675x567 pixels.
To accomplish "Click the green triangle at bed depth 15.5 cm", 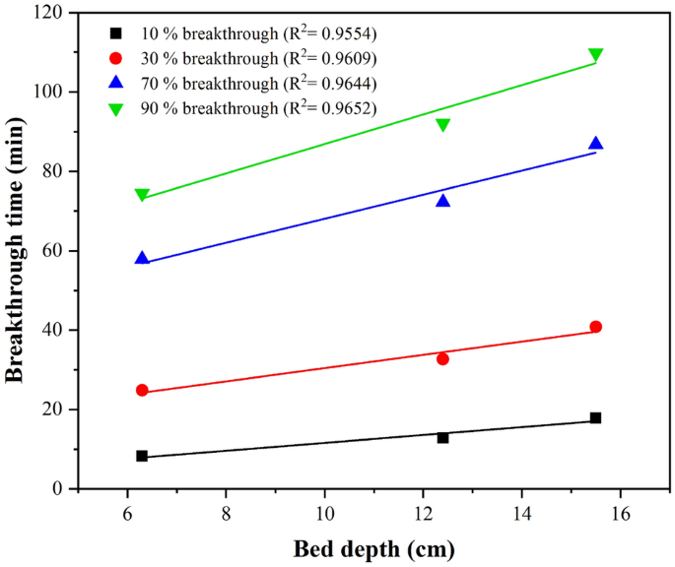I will (x=595, y=55).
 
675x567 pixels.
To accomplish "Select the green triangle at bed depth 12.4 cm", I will (x=442, y=125).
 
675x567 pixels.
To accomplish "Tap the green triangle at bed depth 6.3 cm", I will (x=142, y=196).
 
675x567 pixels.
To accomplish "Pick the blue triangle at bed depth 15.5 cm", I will (x=595, y=144).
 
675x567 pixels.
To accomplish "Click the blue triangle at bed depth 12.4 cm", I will (x=442, y=201).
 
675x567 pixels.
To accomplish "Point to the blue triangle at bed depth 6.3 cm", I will (x=142, y=258).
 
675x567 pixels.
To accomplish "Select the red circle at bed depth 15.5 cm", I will (x=595, y=327).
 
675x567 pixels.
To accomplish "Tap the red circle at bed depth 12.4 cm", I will (x=442, y=359).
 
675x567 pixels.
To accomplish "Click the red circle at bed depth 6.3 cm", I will (x=142, y=390).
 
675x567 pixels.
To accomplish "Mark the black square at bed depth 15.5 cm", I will (x=595, y=418).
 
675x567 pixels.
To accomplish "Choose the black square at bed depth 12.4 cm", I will (x=442, y=437).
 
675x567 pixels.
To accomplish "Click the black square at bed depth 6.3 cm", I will (x=142, y=456).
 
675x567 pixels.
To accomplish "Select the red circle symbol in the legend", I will (x=115, y=58).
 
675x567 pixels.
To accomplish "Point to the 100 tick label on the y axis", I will (x=50, y=92).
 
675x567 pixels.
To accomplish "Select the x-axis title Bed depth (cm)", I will (x=373, y=547).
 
